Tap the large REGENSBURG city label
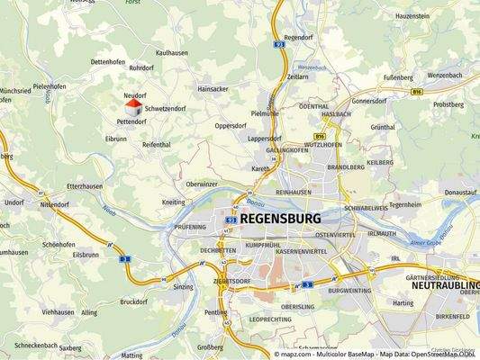tap(280, 219)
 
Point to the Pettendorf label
tap(131, 121)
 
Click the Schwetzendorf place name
tap(165, 107)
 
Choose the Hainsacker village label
tap(213, 89)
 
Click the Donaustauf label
tap(459, 192)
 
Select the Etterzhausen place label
tap(62, 184)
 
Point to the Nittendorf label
tap(54, 204)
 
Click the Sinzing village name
tap(183, 286)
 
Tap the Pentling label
tap(215, 311)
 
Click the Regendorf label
tap(300, 38)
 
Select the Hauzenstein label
tap(412, 16)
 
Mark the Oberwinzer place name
tap(202, 184)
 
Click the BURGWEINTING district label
tap(349, 291)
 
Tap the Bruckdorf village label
tap(132, 301)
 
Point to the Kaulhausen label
tap(171, 53)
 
